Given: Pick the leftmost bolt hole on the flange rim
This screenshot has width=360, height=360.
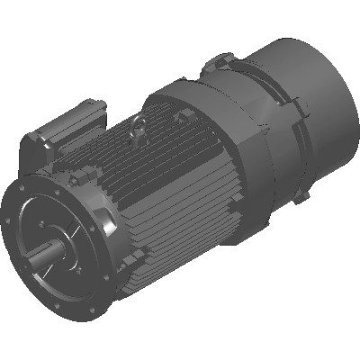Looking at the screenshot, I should (x=21, y=221).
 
